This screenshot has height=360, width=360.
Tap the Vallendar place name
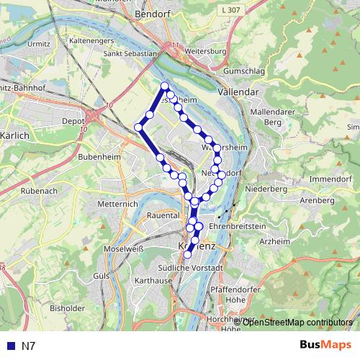point(238,93)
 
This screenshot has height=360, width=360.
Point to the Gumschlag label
point(245,72)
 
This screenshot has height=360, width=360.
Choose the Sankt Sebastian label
point(130,53)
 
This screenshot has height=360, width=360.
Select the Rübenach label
point(41,192)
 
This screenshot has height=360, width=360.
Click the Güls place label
point(102,276)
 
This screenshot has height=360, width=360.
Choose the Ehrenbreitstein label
point(238,226)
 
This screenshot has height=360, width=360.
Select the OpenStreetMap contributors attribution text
point(297,323)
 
